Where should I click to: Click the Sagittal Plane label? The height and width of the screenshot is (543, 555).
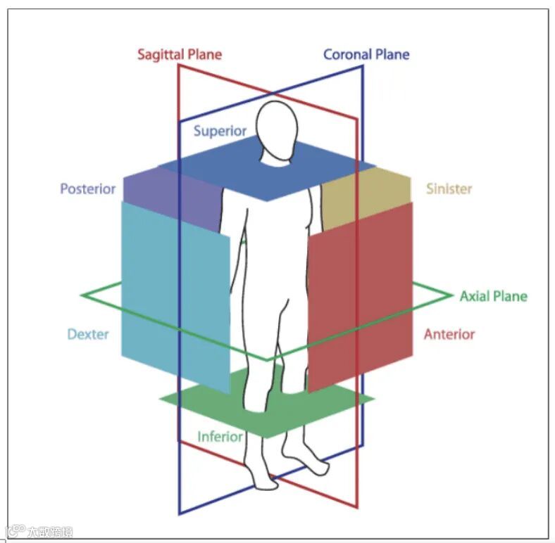pos(179,54)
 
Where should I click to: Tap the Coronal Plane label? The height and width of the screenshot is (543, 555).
pos(366,54)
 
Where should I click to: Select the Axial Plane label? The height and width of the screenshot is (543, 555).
pos(493,296)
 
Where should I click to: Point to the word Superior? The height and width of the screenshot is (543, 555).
pos(220,131)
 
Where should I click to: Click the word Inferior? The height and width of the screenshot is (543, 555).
pos(220,437)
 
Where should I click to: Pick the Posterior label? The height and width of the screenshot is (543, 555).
pos(87,189)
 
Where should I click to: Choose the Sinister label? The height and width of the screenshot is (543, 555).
pos(449,189)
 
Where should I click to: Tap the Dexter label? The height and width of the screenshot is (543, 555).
pos(88,334)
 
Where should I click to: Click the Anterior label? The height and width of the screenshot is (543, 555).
pos(449,334)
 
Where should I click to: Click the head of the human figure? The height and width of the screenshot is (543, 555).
pos(275,127)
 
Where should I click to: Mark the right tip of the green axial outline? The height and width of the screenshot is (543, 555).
pos(450,296)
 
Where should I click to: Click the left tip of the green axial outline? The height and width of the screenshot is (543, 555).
pos(82,295)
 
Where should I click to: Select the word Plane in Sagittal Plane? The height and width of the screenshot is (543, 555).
pos(205,54)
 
